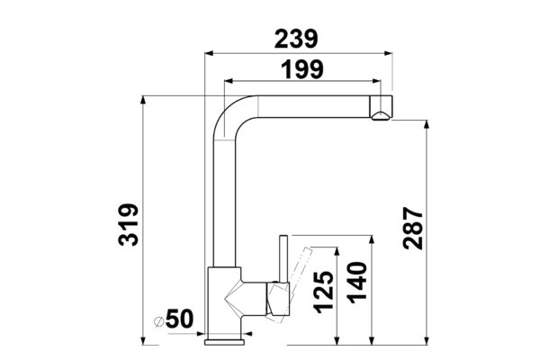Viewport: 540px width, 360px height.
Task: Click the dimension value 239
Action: [296, 39]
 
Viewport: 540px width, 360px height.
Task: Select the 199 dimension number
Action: [302, 69]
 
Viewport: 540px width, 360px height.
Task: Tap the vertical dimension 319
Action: [128, 225]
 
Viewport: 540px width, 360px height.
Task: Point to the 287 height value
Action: [413, 228]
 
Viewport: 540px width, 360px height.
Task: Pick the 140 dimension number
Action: [357, 283]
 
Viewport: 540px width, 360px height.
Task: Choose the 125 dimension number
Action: [323, 292]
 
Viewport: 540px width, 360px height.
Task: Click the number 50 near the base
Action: [179, 319]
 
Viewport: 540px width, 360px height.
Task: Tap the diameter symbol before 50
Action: [158, 321]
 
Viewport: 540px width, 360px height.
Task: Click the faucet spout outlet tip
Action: [381, 116]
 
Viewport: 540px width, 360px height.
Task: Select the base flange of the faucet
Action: [224, 342]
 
